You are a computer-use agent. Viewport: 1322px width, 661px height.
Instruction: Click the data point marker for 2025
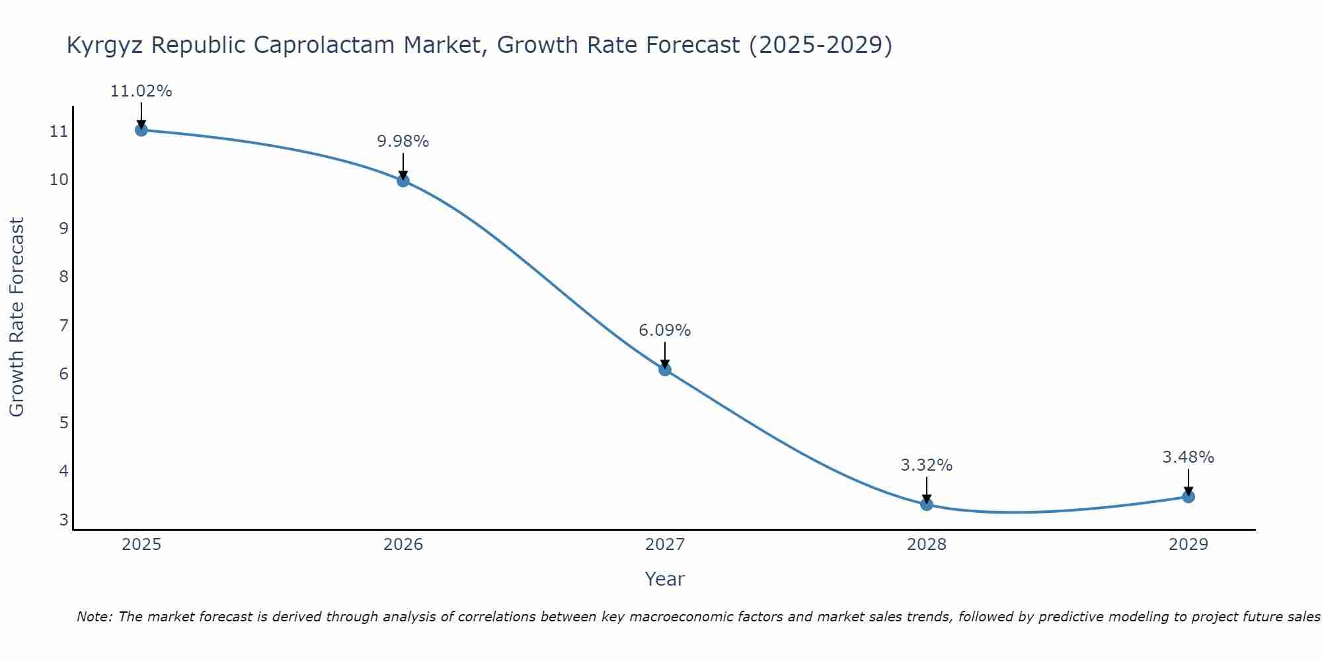(x=141, y=130)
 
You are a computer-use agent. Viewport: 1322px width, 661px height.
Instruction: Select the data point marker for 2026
(x=403, y=180)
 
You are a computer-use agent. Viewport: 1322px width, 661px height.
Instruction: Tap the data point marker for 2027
(x=665, y=369)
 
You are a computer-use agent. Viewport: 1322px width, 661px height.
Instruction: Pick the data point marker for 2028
(x=927, y=504)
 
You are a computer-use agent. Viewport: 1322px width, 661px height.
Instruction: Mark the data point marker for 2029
(x=1188, y=496)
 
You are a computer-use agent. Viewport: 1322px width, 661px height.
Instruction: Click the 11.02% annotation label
(x=141, y=91)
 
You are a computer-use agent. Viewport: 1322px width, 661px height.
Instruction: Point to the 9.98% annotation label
(x=403, y=141)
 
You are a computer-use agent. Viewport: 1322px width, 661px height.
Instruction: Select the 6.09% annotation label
(x=665, y=330)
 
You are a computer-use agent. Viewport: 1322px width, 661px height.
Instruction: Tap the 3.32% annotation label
(x=927, y=465)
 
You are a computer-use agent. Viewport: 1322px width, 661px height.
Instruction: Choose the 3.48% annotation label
(x=1188, y=457)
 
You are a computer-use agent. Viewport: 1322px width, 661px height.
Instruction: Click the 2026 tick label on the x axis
(x=403, y=545)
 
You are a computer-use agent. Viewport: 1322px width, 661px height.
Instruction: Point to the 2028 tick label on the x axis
(x=927, y=545)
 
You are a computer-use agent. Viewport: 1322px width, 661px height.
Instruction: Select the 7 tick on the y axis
(x=64, y=325)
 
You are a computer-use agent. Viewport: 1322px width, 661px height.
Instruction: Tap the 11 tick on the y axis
(x=59, y=132)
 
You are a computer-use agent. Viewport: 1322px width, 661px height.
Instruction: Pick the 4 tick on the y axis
(x=64, y=471)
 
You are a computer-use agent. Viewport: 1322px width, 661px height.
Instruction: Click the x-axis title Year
(x=665, y=579)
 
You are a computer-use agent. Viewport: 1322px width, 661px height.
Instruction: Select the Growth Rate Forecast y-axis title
(x=17, y=317)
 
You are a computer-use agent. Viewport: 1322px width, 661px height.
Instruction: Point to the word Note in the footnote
(x=95, y=617)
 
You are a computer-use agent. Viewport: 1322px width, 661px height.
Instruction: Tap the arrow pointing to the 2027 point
(x=665, y=355)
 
